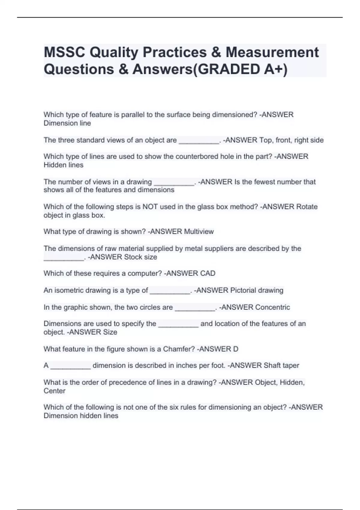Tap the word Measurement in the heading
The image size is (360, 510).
coord(272,52)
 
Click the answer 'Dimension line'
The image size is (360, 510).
coord(67,123)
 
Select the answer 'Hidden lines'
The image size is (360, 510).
coord(63,165)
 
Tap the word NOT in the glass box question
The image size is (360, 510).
coord(150,207)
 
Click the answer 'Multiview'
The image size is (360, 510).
coord(199,232)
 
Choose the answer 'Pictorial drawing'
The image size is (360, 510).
coord(256,290)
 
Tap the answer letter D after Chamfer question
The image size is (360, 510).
coord(235,349)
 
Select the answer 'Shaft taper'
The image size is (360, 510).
coord(281,365)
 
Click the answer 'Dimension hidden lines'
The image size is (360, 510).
coord(81,416)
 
